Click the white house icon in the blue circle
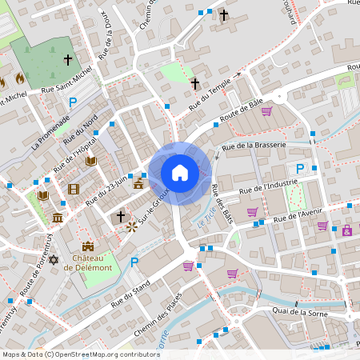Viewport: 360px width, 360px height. (180, 172)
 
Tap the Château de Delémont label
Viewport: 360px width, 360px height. (87, 262)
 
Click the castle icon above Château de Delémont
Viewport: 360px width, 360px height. (88, 247)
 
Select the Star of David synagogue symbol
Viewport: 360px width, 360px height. (54, 261)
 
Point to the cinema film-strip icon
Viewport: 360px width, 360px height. (74, 190)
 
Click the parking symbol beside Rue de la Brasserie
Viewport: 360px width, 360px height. (300, 168)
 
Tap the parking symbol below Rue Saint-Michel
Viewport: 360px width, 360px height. (74, 102)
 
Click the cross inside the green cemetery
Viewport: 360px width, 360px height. (68, 60)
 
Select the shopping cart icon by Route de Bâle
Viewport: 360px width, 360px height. (266, 111)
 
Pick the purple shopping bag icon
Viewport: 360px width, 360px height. (346, 231)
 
